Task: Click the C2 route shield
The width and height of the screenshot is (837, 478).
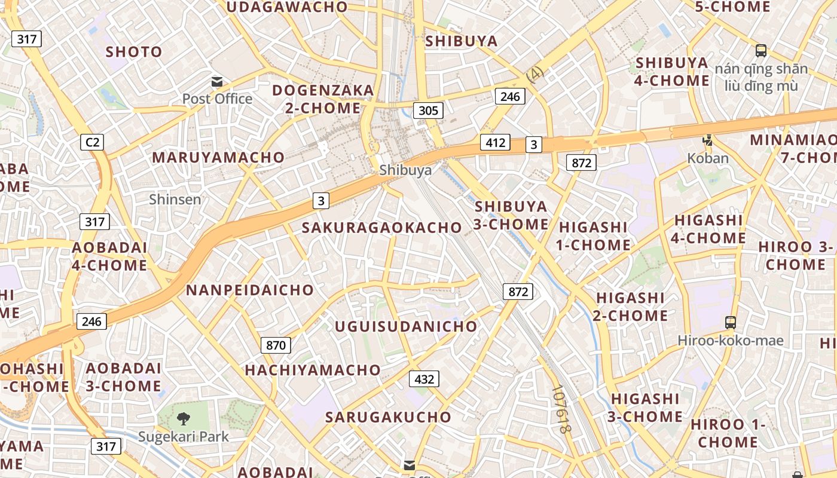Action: coord(92,142)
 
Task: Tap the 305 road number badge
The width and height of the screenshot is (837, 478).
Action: coord(428,110)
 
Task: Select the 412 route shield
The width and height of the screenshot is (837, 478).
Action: coord(496,143)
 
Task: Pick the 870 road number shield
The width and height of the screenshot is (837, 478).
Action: coord(276,345)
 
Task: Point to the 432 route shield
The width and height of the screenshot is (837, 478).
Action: coord(424,379)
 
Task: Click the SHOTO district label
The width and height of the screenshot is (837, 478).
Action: coord(134,52)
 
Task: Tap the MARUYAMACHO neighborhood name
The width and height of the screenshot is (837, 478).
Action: coord(218,157)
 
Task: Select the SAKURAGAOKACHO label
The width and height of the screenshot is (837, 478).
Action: coord(381,228)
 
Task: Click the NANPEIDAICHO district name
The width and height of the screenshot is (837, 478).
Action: coord(250,290)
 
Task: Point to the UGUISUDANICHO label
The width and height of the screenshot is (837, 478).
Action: coord(406,326)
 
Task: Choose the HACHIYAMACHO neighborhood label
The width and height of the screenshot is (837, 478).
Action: coord(313,370)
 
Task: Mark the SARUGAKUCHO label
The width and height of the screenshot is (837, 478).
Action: coord(388,417)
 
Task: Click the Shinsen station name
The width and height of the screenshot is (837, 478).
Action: coord(175,199)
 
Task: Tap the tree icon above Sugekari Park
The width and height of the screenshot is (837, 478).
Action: coord(184,419)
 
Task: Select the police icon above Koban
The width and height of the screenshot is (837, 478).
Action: coord(708,141)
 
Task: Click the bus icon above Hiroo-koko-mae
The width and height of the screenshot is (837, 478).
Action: coord(730,323)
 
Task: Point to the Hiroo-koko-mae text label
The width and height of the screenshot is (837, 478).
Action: coord(730,341)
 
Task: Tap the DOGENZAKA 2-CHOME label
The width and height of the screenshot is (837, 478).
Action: coord(323,99)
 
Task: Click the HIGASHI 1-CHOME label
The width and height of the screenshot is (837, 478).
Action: coord(594,236)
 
